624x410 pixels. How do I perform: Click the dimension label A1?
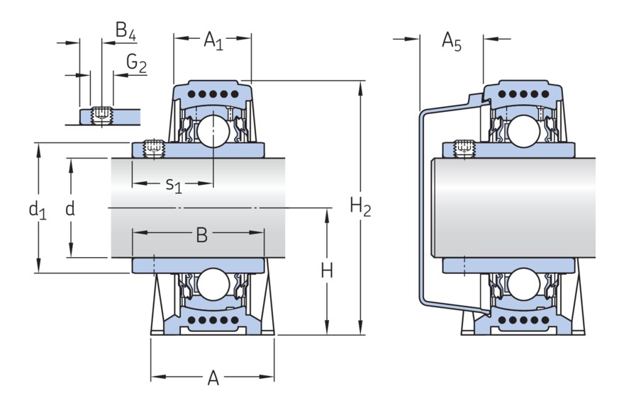[213, 42]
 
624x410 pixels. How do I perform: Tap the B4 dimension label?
[126, 31]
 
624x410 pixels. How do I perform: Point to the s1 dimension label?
[174, 185]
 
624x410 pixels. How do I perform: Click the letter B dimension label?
[201, 236]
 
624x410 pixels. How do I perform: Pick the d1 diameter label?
[37, 210]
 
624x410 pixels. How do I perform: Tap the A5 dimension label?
[451, 42]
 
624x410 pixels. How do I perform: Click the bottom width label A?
[213, 379]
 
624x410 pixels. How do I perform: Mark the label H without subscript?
[327, 271]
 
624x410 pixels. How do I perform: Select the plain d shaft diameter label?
[69, 209]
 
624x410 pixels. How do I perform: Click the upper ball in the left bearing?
[213, 131]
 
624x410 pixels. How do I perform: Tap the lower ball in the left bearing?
[213, 285]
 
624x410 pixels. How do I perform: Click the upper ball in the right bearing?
[523, 131]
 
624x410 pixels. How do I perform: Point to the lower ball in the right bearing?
[523, 285]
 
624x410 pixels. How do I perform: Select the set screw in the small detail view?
[102, 115]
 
